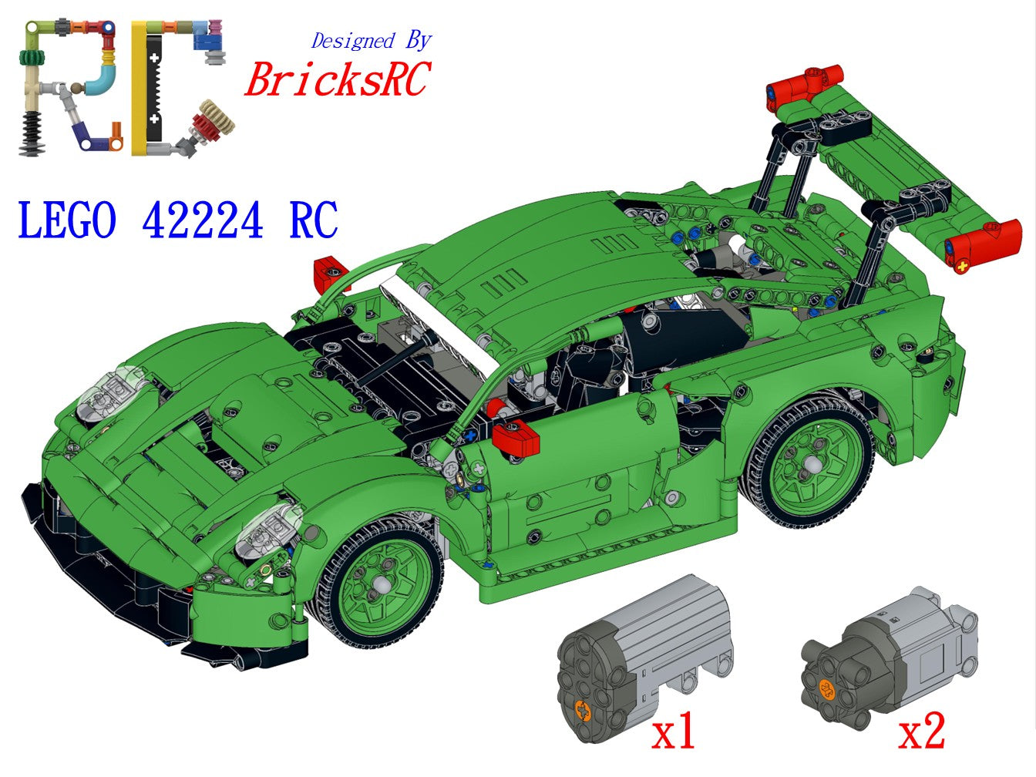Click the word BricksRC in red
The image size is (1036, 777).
338,79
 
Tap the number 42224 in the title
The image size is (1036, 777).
203,220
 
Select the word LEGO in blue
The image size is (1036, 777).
67,220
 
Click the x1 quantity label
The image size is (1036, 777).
673,730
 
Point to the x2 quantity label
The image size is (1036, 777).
921,730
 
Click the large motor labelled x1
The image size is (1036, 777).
644,658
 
